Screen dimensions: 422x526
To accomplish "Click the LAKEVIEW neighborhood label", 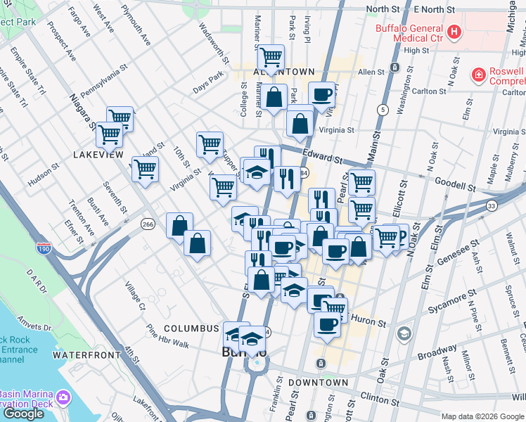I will coord(98,154).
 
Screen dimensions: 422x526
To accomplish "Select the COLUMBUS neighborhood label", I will coord(192,328).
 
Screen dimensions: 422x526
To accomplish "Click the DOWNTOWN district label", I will coord(318,382).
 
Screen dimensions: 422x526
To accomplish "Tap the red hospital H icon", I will coord(455,32).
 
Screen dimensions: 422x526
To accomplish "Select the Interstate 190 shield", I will coord(43,248).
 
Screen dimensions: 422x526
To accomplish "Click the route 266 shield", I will coord(147,224).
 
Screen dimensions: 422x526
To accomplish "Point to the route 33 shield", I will coord(491,205).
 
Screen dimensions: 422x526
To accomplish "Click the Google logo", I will coord(23,414).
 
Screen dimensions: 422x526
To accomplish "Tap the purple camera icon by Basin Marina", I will coord(63,398).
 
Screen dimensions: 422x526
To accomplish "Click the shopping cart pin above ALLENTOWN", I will coord(271,56).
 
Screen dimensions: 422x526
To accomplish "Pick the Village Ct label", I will coord(135,296).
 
